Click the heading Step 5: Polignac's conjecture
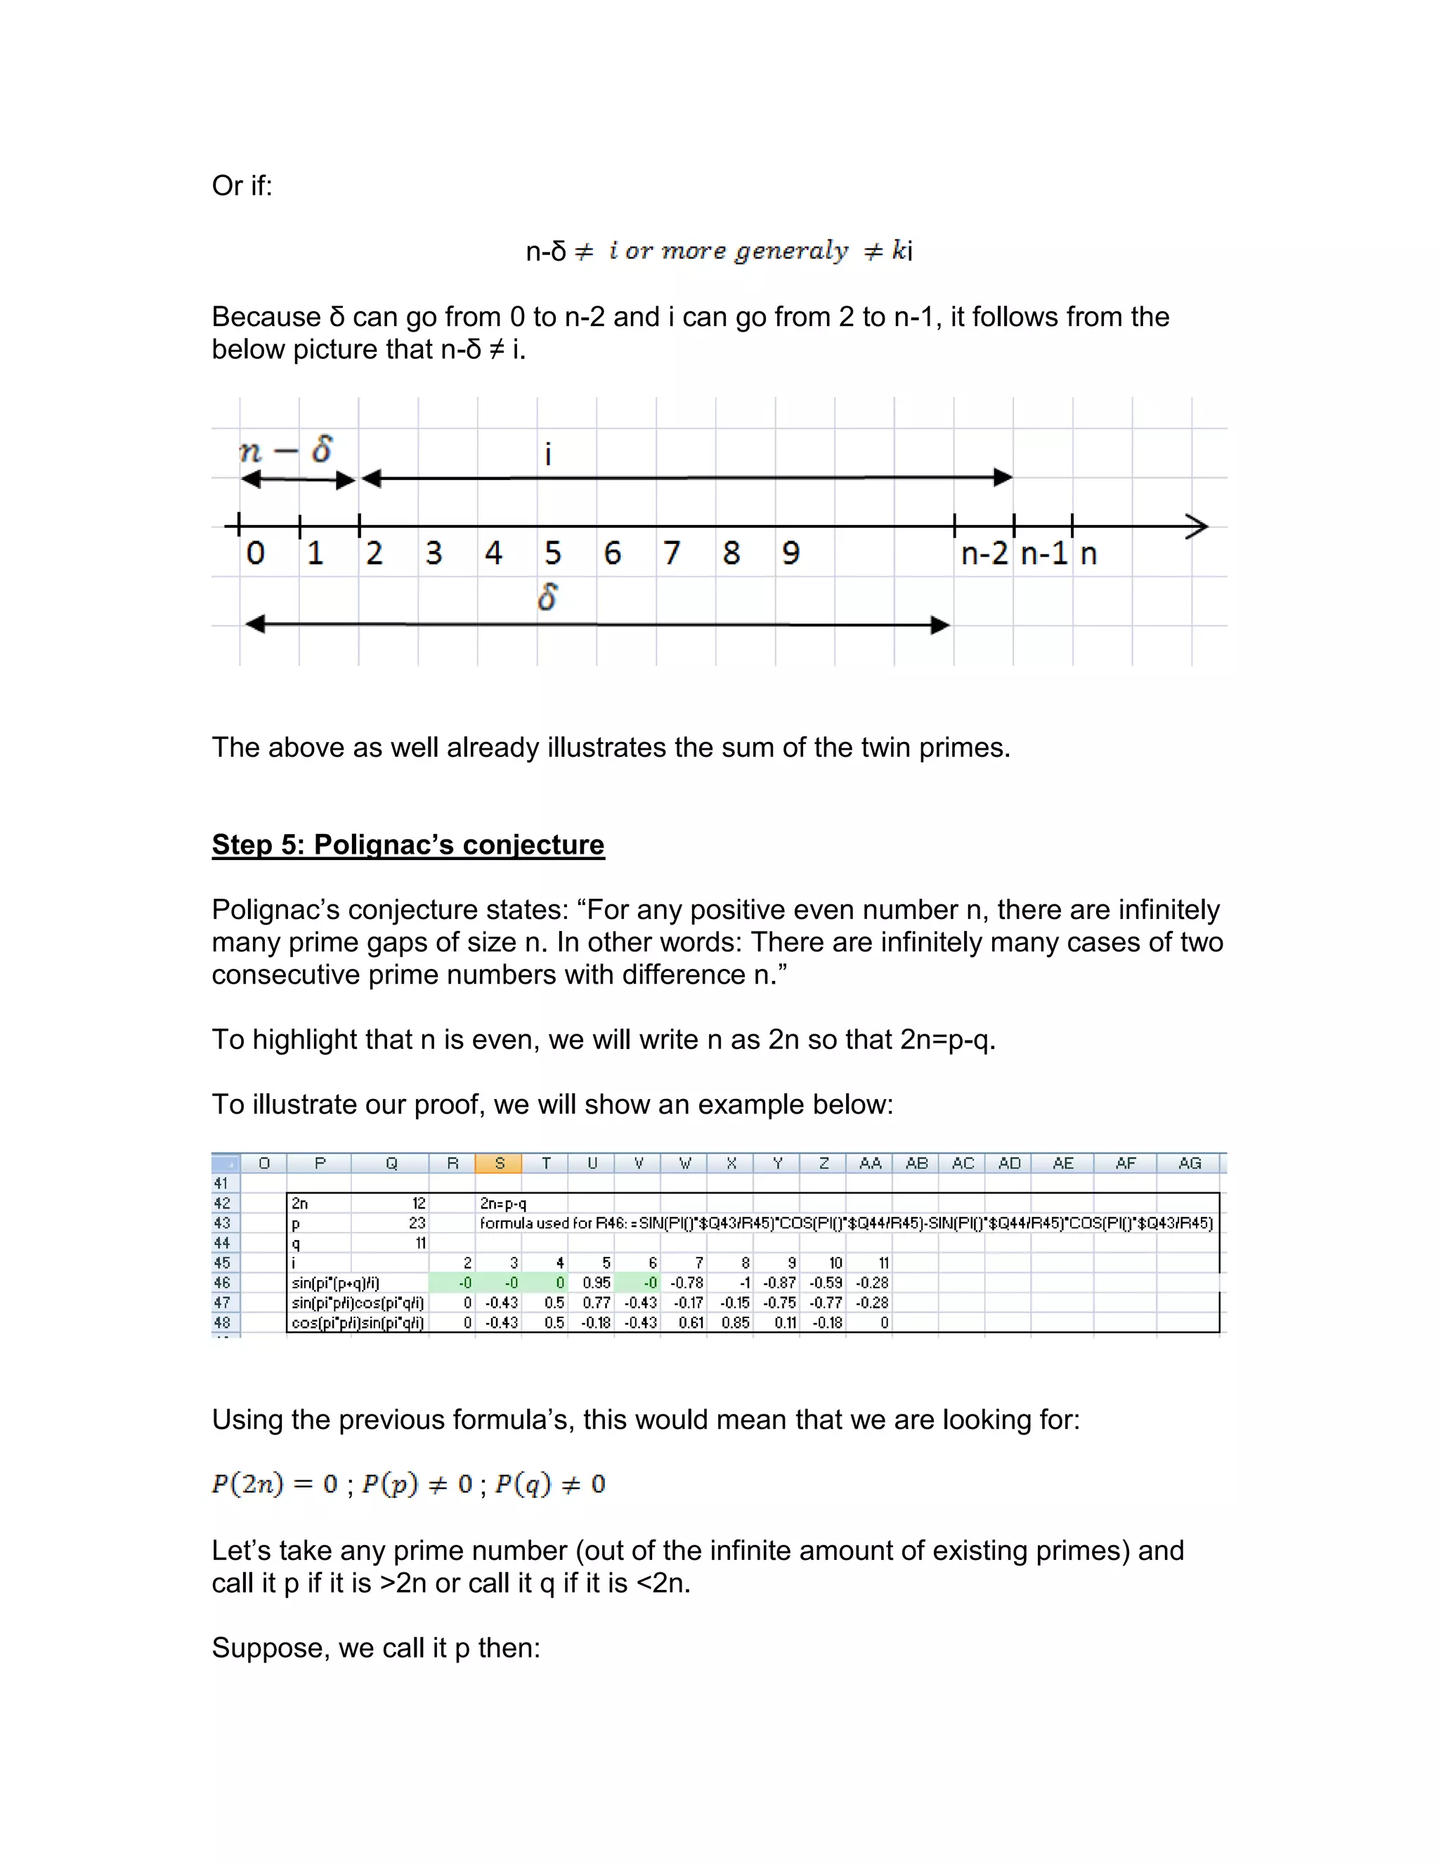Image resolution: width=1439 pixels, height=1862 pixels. (408, 844)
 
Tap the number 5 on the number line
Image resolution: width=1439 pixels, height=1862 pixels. (552, 553)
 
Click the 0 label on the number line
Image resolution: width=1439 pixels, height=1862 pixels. (255, 553)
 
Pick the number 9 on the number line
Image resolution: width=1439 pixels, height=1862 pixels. (791, 553)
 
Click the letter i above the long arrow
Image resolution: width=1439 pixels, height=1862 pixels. (548, 455)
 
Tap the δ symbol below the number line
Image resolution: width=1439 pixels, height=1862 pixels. (548, 597)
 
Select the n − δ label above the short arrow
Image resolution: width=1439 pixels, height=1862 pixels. (285, 449)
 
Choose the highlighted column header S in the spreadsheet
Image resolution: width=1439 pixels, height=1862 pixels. (500, 1163)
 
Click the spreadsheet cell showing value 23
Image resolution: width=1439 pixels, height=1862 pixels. (416, 1223)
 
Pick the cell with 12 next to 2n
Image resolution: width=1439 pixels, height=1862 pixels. (418, 1204)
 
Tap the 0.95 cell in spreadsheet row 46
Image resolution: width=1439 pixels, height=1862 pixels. (596, 1283)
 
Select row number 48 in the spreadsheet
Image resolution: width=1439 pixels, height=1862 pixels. (223, 1322)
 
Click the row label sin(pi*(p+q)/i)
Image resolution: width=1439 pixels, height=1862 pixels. (335, 1283)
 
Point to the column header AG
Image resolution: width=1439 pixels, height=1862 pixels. (1190, 1163)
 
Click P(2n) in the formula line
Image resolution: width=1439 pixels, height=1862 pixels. (247, 1484)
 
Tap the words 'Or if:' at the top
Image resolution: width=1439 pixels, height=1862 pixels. (242, 186)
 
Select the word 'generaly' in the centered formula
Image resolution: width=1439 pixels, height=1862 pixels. (792, 251)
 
